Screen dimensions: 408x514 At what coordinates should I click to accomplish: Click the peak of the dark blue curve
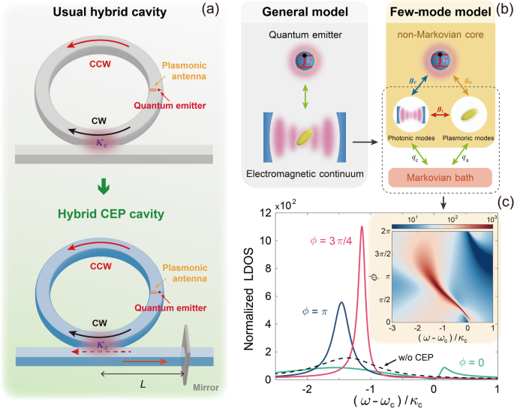click(341, 303)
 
